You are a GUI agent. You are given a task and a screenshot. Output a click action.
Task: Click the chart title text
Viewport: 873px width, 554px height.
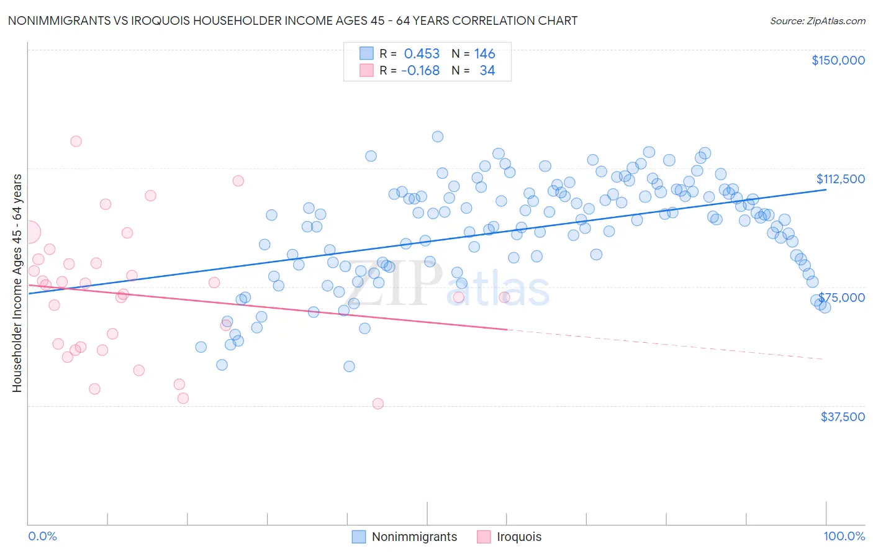[x=292, y=20]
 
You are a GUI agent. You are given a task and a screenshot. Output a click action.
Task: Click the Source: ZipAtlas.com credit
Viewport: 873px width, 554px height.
[x=817, y=20]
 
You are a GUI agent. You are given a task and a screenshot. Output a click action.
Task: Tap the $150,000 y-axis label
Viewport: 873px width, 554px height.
[x=838, y=60]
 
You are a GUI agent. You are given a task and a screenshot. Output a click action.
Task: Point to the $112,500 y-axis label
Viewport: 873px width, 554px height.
[x=839, y=179]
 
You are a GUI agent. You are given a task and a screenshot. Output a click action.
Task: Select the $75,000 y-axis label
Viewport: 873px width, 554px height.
[x=841, y=297]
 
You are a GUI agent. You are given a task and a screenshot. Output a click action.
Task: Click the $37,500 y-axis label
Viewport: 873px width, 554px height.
[x=842, y=417]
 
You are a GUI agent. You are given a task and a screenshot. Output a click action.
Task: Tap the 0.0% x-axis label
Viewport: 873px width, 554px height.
[x=42, y=536]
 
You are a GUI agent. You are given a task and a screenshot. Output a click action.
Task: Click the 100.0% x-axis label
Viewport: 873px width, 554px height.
[x=844, y=536]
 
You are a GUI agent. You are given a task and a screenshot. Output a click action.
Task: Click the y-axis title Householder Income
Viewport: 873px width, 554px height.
[x=17, y=283]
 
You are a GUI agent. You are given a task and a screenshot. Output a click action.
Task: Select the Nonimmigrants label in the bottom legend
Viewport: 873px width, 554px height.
[x=414, y=537]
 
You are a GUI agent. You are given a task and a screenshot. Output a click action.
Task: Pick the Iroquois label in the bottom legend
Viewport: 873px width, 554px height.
[x=519, y=537]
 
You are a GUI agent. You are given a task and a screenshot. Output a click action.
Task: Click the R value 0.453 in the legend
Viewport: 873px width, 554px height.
[x=422, y=54]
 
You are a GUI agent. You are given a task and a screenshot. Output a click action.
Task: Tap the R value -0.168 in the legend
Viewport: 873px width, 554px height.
[x=420, y=71]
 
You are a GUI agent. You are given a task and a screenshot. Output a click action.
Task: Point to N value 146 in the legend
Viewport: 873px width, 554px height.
[x=484, y=54]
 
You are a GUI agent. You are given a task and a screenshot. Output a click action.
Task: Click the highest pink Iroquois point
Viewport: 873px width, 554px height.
[x=76, y=141]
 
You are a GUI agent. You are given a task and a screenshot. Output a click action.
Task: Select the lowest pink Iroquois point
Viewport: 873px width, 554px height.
[x=378, y=404]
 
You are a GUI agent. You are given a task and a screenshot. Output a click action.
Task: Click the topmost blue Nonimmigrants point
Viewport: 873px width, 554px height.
[x=438, y=137]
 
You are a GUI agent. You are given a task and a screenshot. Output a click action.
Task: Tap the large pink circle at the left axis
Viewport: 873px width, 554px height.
[x=29, y=232]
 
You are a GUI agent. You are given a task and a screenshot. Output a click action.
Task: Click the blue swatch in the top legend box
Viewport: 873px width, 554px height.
[x=366, y=53]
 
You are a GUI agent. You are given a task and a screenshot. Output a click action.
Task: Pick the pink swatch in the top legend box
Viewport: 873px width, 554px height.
[x=366, y=70]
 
